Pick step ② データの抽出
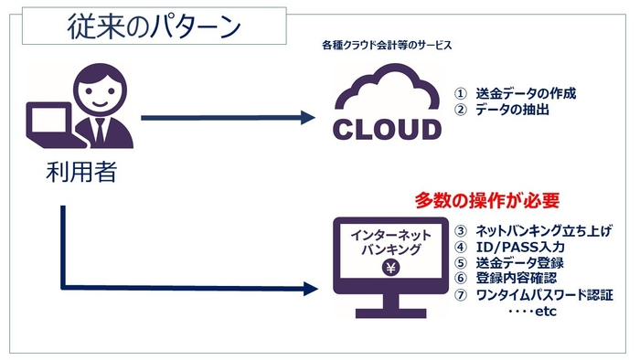pyautogui.click(x=508, y=111)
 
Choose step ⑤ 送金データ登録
pyautogui.click(x=512, y=262)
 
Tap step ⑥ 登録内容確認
pyautogui.click(x=512, y=279)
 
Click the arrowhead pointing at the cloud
pyautogui.click(x=306, y=118)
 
